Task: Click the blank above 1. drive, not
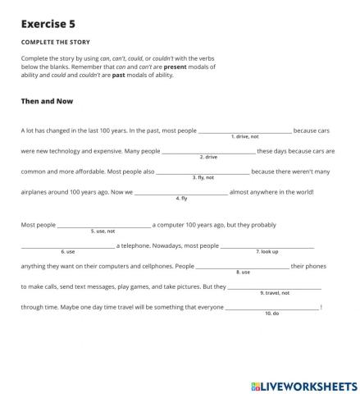pyautogui.click(x=245, y=130)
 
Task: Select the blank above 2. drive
pyautogui.click(x=208, y=150)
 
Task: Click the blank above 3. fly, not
pyautogui.click(x=203, y=171)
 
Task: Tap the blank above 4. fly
pyautogui.click(x=181, y=191)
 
